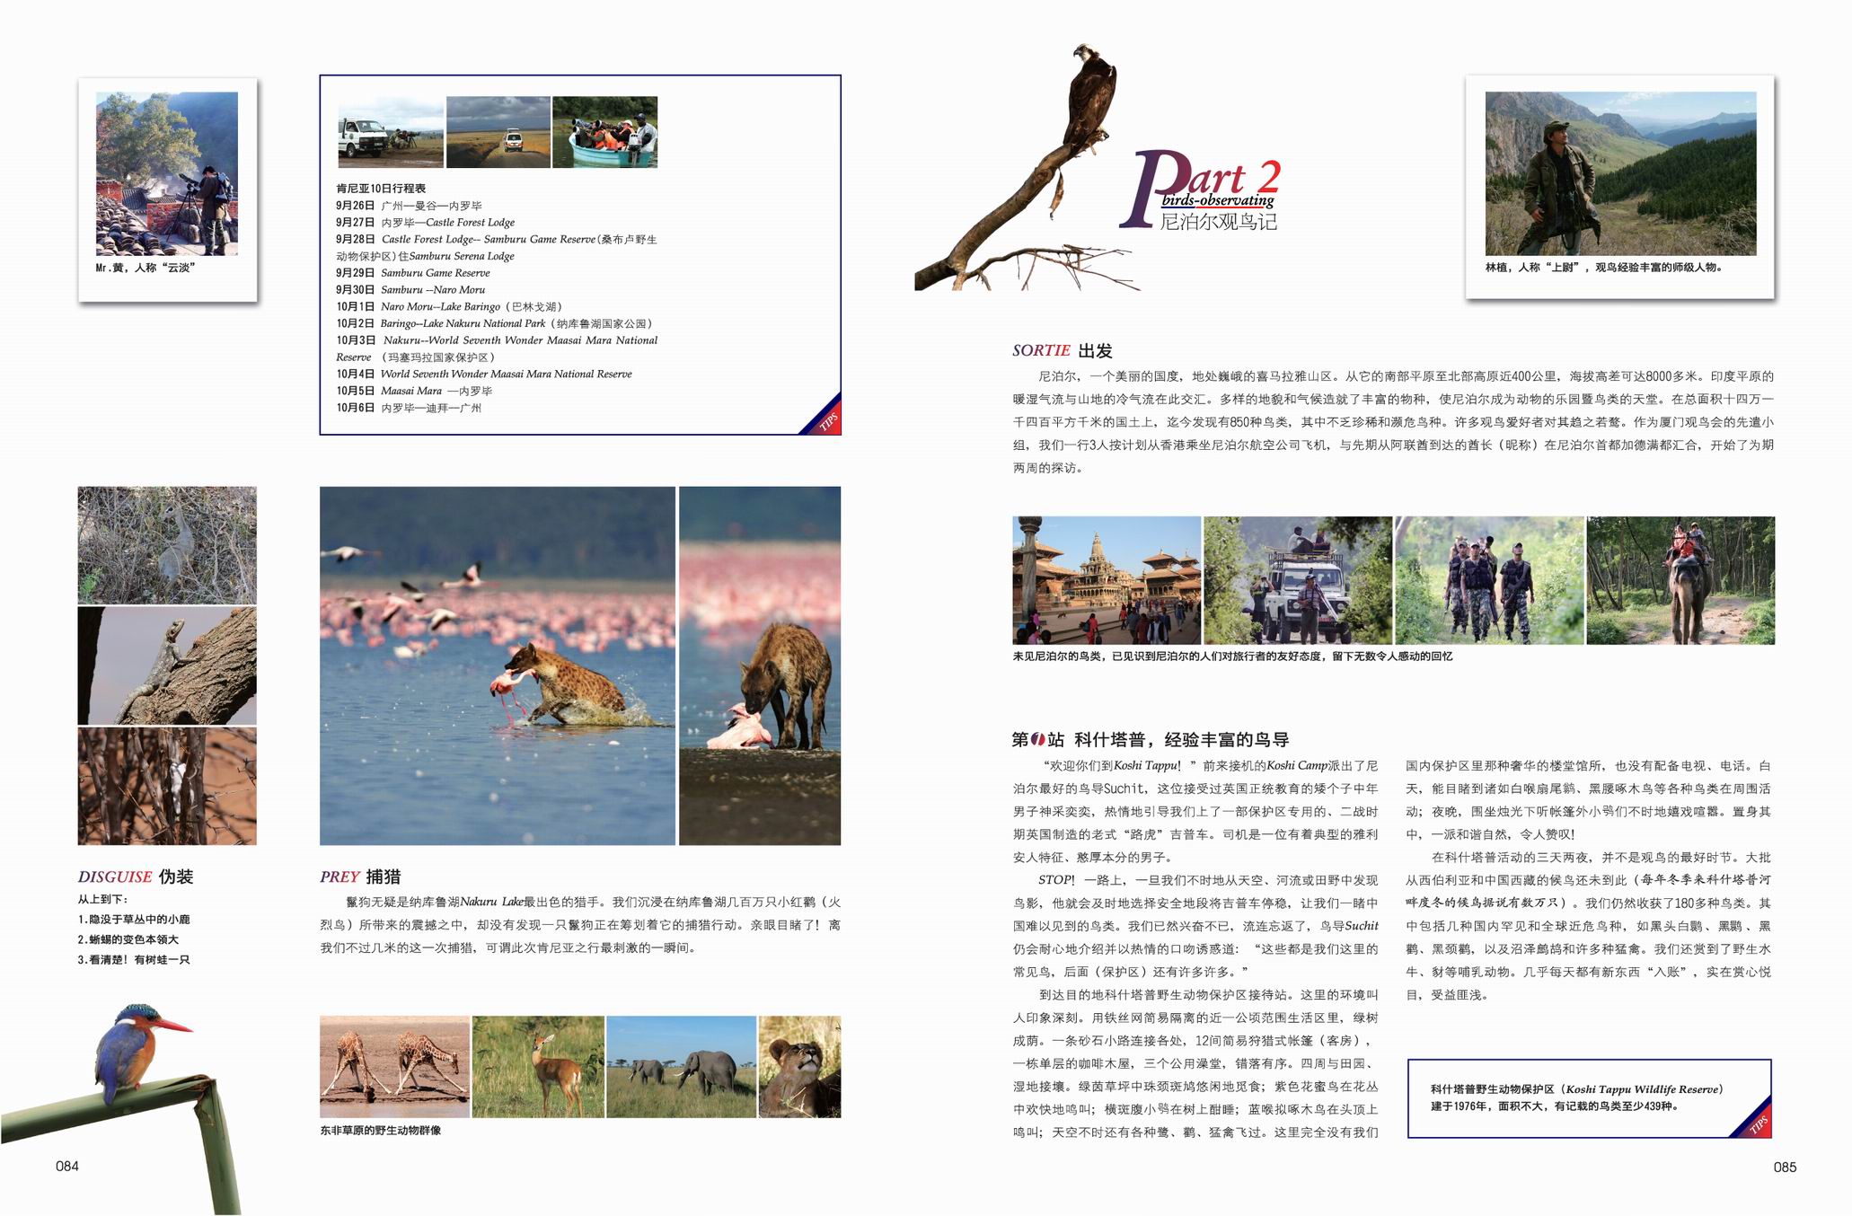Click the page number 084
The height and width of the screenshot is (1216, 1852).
point(67,1167)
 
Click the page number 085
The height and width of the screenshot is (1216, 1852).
point(1785,1168)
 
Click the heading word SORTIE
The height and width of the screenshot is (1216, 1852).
point(1041,351)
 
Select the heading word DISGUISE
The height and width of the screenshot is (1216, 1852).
point(115,877)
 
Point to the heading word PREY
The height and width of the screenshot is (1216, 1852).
point(340,877)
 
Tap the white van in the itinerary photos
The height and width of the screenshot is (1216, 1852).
point(365,137)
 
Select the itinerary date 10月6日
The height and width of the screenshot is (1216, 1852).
point(356,408)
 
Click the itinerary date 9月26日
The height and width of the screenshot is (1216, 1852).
point(356,206)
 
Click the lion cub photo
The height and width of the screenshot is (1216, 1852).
point(799,1066)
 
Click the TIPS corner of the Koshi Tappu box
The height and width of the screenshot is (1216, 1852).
point(1757,1123)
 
